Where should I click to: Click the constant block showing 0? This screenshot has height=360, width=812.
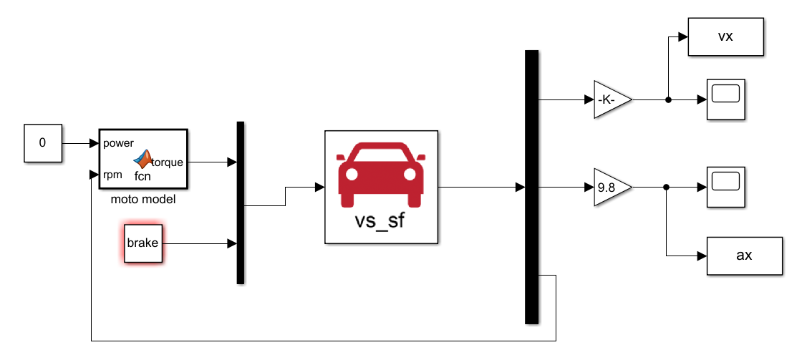(42, 142)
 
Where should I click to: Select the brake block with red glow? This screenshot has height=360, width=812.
(143, 243)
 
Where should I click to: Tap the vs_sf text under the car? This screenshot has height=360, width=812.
(380, 220)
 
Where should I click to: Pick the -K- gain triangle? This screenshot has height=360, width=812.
(611, 100)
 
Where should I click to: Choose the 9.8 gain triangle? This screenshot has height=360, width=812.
(611, 188)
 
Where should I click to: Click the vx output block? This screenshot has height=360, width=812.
(725, 37)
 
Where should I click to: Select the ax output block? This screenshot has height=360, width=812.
(744, 256)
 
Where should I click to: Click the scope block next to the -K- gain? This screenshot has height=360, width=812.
(726, 99)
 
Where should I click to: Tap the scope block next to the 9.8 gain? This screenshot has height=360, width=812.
(726, 188)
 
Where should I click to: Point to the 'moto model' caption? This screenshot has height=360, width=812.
(143, 200)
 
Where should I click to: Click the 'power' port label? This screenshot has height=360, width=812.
(119, 142)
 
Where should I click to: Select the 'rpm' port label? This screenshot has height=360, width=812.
(112, 175)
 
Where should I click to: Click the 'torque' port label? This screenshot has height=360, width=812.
(167, 162)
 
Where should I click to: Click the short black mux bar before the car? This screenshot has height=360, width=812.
(241, 203)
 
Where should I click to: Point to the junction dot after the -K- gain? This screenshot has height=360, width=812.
(668, 100)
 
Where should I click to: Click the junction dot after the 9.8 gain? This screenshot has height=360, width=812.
(666, 188)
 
